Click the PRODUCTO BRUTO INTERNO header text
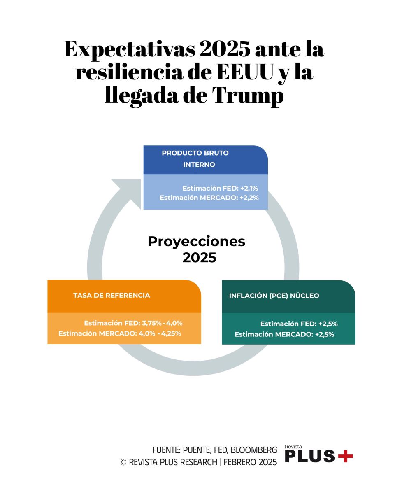[x=195, y=159]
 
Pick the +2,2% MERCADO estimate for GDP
[x=249, y=198]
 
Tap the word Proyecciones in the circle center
[x=196, y=241]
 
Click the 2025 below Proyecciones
[x=199, y=258]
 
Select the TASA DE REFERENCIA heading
[x=112, y=295]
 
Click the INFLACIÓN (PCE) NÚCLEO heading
[x=274, y=296]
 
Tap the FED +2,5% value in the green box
[x=328, y=324]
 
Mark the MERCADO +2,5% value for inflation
[x=324, y=334]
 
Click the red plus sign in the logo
[x=345, y=456]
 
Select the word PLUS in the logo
[x=310, y=456]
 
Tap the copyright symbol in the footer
[x=123, y=462]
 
